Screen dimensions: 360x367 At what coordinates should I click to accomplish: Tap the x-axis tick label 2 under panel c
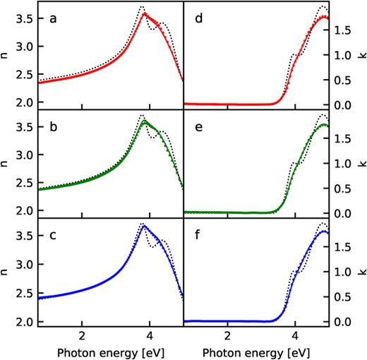[82, 335]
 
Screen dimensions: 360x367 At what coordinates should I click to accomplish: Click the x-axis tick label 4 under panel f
[295, 335]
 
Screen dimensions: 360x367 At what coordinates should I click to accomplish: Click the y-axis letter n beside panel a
[6, 52]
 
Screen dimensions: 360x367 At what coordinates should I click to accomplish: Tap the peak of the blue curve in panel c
[144, 226]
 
